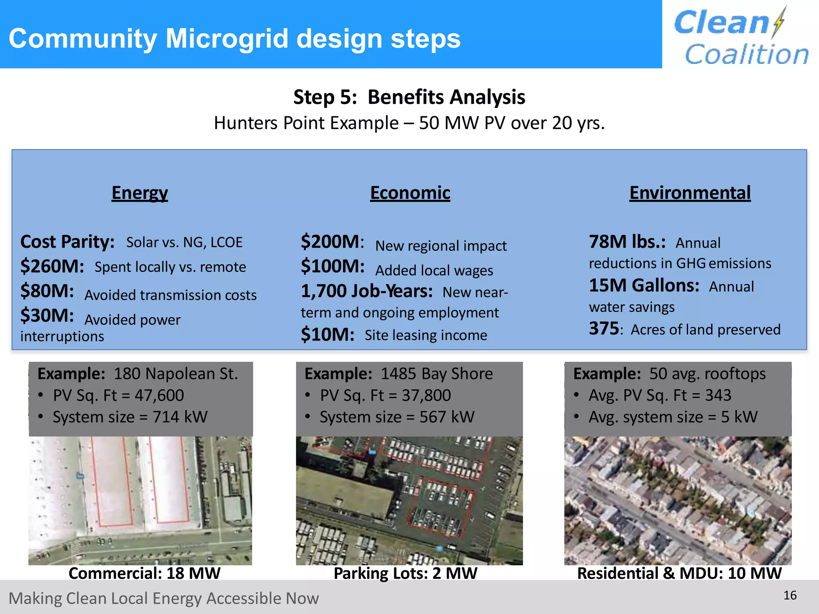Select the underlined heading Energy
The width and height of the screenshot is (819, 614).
point(140,193)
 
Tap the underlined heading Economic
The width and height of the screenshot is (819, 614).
point(410,193)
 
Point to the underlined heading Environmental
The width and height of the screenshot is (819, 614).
point(690,193)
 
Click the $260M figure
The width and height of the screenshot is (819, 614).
point(52,266)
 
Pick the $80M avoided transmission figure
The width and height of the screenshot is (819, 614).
point(47,291)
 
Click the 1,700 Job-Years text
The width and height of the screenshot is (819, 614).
point(366,291)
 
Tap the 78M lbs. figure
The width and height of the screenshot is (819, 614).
point(627,242)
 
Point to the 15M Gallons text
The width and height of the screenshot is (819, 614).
point(644,285)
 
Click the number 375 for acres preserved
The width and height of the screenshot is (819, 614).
point(604,329)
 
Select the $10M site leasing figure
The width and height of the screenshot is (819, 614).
point(327,335)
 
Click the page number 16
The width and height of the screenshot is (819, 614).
point(790,596)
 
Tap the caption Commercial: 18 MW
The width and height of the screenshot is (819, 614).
point(144,573)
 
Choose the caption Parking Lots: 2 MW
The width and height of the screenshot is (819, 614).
point(405,573)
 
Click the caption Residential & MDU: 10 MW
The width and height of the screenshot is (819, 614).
point(679,573)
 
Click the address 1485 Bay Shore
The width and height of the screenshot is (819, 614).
point(436,374)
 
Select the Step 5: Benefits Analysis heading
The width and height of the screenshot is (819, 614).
point(409,97)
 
